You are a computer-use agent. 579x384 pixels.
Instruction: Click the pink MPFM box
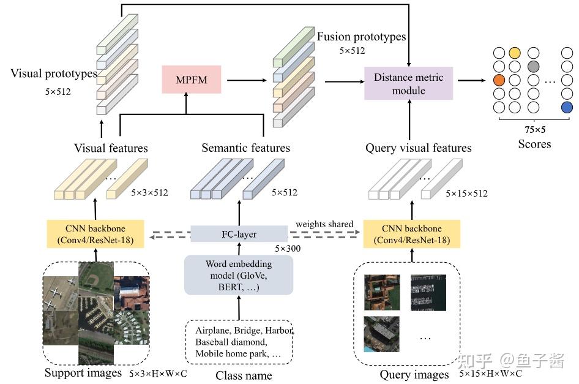192,80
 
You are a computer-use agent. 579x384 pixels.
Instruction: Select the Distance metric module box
408,83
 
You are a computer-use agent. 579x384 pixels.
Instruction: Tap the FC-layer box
239,234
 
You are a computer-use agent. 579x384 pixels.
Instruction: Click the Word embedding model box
239,275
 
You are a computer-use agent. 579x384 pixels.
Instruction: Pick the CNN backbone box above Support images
95,234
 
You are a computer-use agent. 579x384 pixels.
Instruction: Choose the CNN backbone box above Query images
412,234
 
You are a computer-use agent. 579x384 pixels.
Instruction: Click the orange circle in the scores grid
499,80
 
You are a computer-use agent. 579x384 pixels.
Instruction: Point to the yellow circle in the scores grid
514,53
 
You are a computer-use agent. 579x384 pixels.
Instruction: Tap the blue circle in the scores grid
567,108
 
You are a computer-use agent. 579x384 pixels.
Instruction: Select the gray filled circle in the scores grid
533,67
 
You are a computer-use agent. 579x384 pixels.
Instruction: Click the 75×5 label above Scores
535,129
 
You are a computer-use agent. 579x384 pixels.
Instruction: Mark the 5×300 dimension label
288,249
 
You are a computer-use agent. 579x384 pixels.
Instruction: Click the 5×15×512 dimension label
466,194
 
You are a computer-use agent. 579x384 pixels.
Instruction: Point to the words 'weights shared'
324,224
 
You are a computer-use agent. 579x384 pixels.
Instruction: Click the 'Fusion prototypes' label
361,37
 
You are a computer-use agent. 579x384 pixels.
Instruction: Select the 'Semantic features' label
245,148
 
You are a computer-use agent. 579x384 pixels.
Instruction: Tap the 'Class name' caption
244,375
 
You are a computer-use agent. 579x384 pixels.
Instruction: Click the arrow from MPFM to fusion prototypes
247,80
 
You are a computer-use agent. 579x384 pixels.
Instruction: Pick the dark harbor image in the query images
428,293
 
